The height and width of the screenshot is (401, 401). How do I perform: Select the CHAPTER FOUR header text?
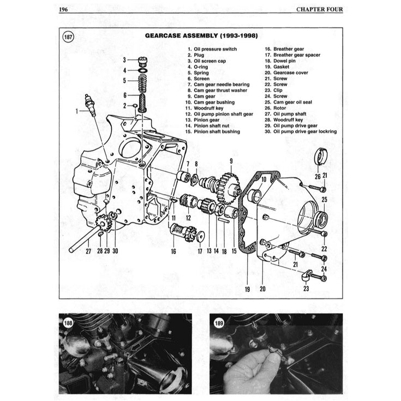(319, 9)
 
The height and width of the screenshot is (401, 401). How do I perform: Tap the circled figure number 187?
(69, 37)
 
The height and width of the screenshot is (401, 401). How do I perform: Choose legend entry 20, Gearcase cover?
(294, 73)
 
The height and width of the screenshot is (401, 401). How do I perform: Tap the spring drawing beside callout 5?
(142, 80)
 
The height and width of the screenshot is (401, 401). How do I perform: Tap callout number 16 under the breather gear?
(173, 251)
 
